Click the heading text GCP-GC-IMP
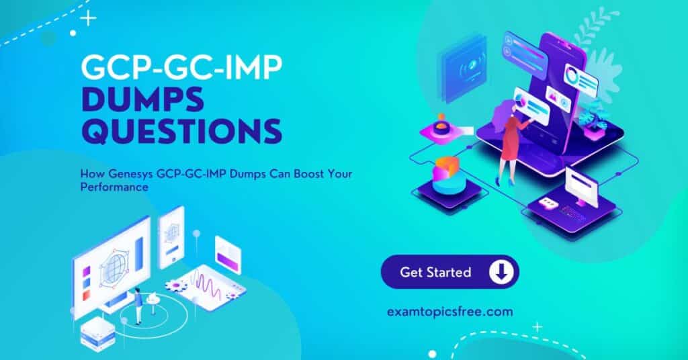[181, 68]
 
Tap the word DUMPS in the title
[142, 99]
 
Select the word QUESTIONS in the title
[181, 131]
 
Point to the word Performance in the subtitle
[114, 187]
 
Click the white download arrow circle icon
[500, 272]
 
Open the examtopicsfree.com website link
[449, 312]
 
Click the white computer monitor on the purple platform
[581, 187]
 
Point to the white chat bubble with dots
[547, 203]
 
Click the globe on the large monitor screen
[113, 267]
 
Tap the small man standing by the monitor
[138, 306]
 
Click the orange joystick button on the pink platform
[439, 126]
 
